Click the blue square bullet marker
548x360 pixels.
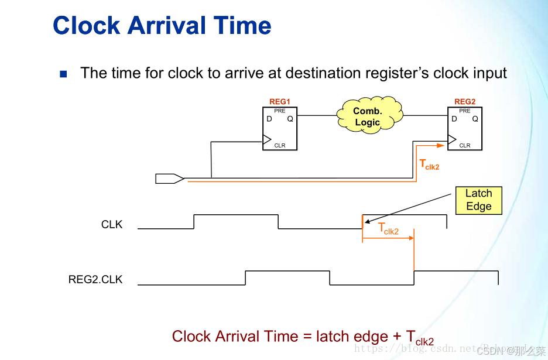tap(63, 74)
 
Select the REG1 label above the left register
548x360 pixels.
tap(280, 102)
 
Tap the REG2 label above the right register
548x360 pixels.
tap(465, 102)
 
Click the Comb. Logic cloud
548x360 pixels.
tap(368, 116)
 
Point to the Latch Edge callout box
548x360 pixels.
tap(478, 200)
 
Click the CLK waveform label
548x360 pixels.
tap(112, 225)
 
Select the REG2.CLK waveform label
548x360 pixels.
tap(95, 279)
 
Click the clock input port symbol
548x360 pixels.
tap(169, 179)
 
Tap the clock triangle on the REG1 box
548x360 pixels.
tap(267, 140)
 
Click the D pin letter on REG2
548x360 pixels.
tap(454, 119)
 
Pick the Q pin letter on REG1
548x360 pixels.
tap(290, 119)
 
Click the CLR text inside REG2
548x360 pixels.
tap(465, 145)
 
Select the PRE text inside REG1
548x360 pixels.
tap(280, 111)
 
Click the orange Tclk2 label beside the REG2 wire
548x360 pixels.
tap(429, 165)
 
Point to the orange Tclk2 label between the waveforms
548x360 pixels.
tap(388, 229)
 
